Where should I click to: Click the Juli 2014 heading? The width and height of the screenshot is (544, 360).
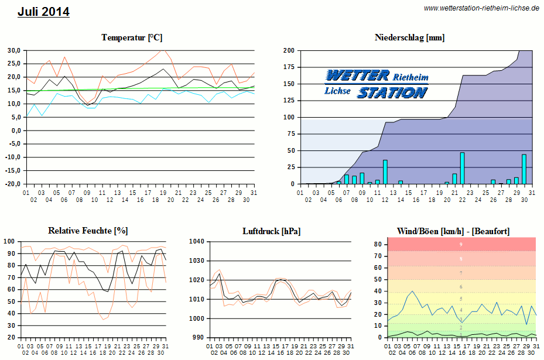point(43,12)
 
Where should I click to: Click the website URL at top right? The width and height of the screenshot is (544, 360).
point(481,8)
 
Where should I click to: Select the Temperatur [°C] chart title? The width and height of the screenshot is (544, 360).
point(131,37)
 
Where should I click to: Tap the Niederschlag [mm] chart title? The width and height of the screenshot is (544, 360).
point(409,37)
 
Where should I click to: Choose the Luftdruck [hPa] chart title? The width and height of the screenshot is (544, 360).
point(272,231)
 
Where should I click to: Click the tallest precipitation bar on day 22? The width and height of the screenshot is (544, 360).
point(462,168)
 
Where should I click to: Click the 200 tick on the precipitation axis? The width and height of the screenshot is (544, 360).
point(289,50)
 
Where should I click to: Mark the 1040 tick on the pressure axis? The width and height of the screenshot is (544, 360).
point(197,241)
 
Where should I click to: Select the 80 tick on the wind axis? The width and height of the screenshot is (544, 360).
point(379,244)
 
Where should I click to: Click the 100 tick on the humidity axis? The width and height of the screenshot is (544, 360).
point(9,241)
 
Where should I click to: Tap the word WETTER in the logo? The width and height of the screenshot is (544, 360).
point(357,76)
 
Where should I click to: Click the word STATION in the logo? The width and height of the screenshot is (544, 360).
point(392,92)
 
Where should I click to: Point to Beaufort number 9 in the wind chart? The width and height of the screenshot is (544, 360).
point(461,244)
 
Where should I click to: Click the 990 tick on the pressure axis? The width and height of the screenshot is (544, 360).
point(199,338)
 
